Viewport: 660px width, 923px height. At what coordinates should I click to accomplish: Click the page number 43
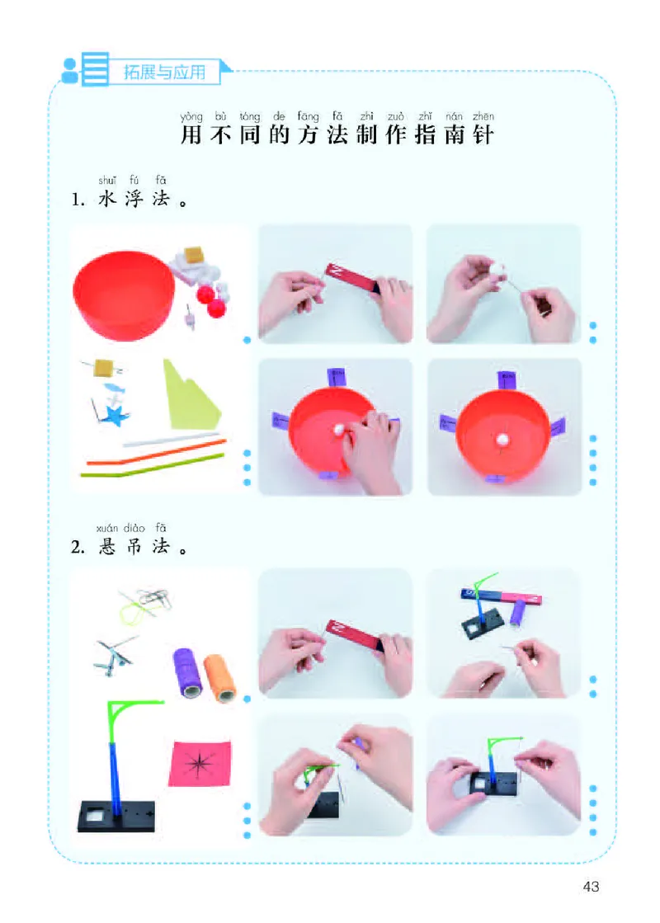[x=590, y=887]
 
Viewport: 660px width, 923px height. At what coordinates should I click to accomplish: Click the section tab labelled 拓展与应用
[x=164, y=71]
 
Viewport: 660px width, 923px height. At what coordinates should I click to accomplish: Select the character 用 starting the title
[x=191, y=135]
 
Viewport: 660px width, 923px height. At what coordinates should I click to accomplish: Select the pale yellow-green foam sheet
[x=189, y=395]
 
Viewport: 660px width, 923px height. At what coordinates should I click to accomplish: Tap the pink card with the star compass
[x=200, y=763]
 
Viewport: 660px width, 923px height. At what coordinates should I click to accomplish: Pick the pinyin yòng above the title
[x=191, y=117]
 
